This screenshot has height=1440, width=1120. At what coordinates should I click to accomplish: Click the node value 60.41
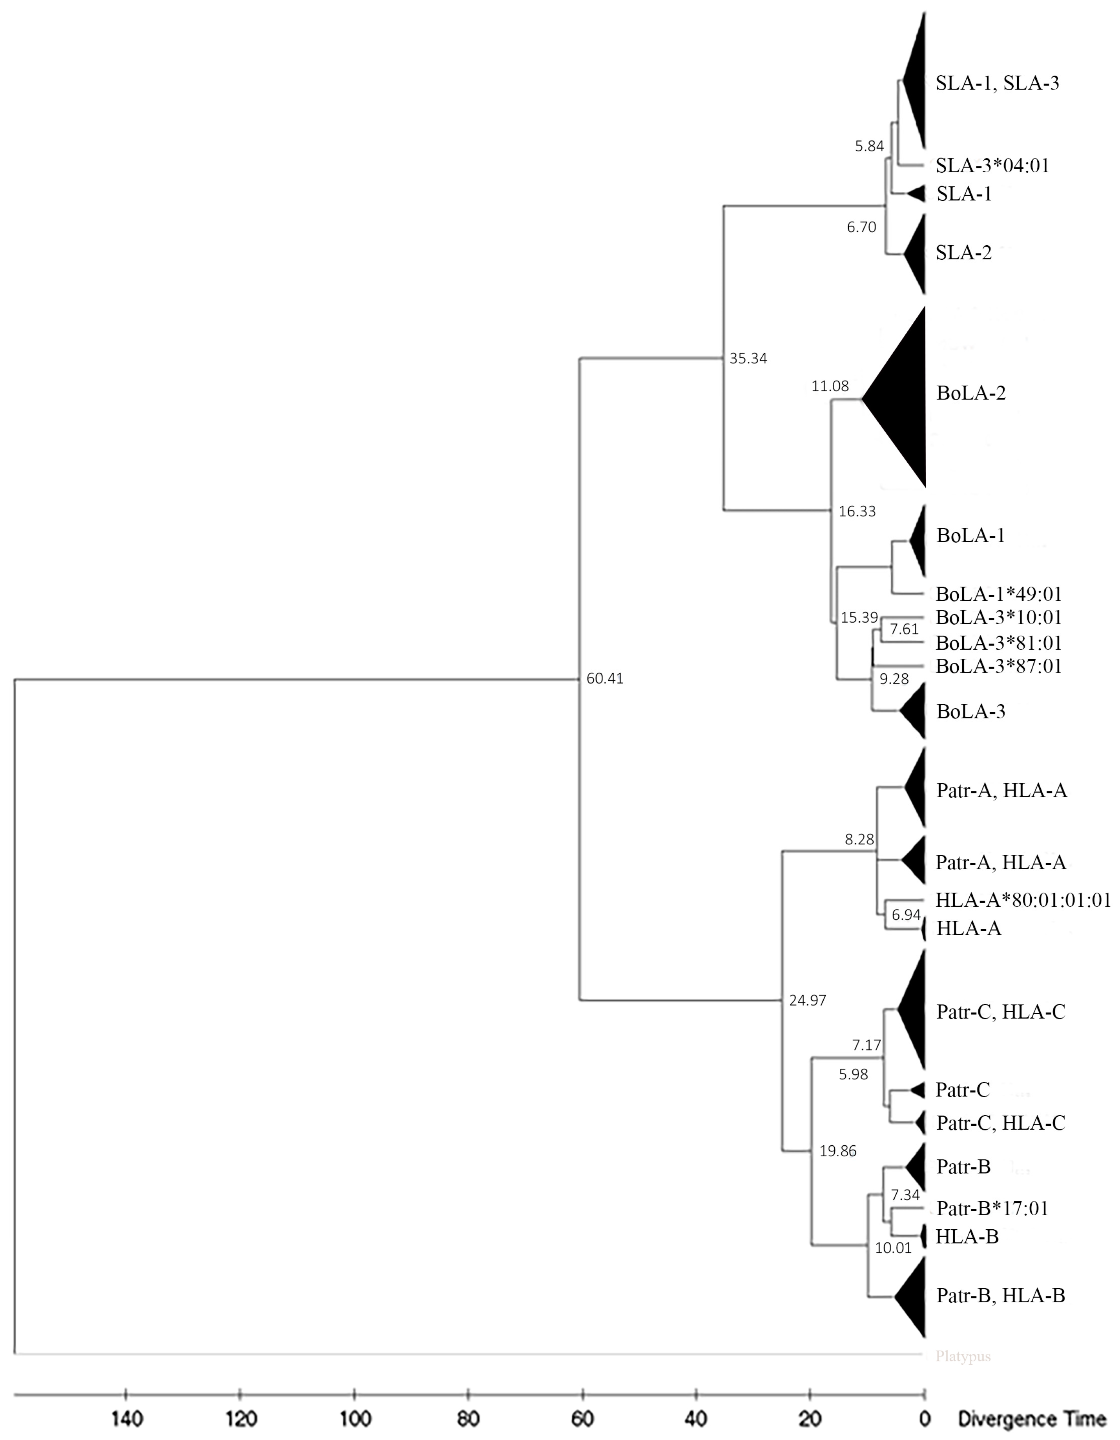(604, 678)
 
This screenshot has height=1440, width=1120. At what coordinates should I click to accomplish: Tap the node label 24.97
(807, 1000)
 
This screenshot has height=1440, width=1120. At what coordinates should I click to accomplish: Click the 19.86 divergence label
(838, 1151)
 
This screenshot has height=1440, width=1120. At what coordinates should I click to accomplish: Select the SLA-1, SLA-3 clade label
(997, 83)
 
